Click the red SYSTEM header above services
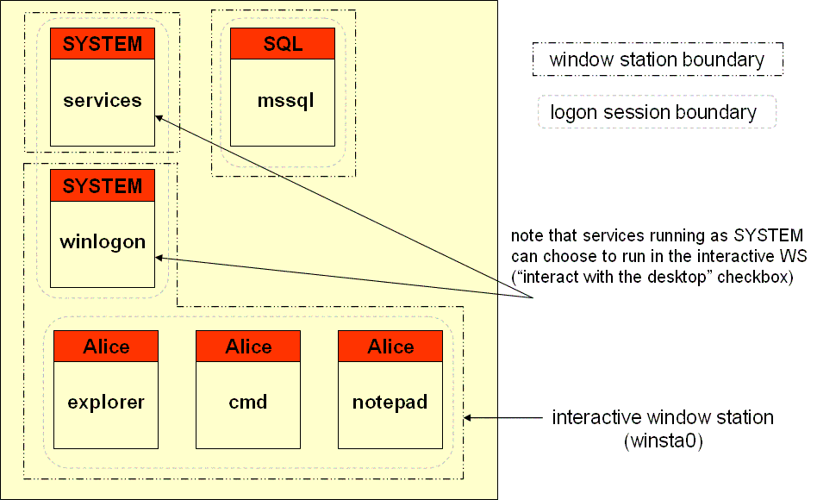(x=103, y=44)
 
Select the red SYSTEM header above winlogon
(x=103, y=185)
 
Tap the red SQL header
(x=283, y=44)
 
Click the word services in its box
(x=103, y=100)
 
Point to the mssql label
(x=285, y=101)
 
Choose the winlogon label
(x=103, y=242)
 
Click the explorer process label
(x=106, y=403)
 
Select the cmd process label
(x=248, y=402)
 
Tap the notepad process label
(x=390, y=403)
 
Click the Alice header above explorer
(x=106, y=347)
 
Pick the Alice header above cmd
(x=248, y=347)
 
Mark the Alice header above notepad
(x=390, y=347)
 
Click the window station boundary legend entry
(x=658, y=59)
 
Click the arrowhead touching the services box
(x=159, y=118)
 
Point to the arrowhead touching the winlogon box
(x=159, y=258)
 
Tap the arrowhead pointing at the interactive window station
(x=468, y=417)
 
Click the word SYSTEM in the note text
(x=768, y=235)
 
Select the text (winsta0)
(x=664, y=441)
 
